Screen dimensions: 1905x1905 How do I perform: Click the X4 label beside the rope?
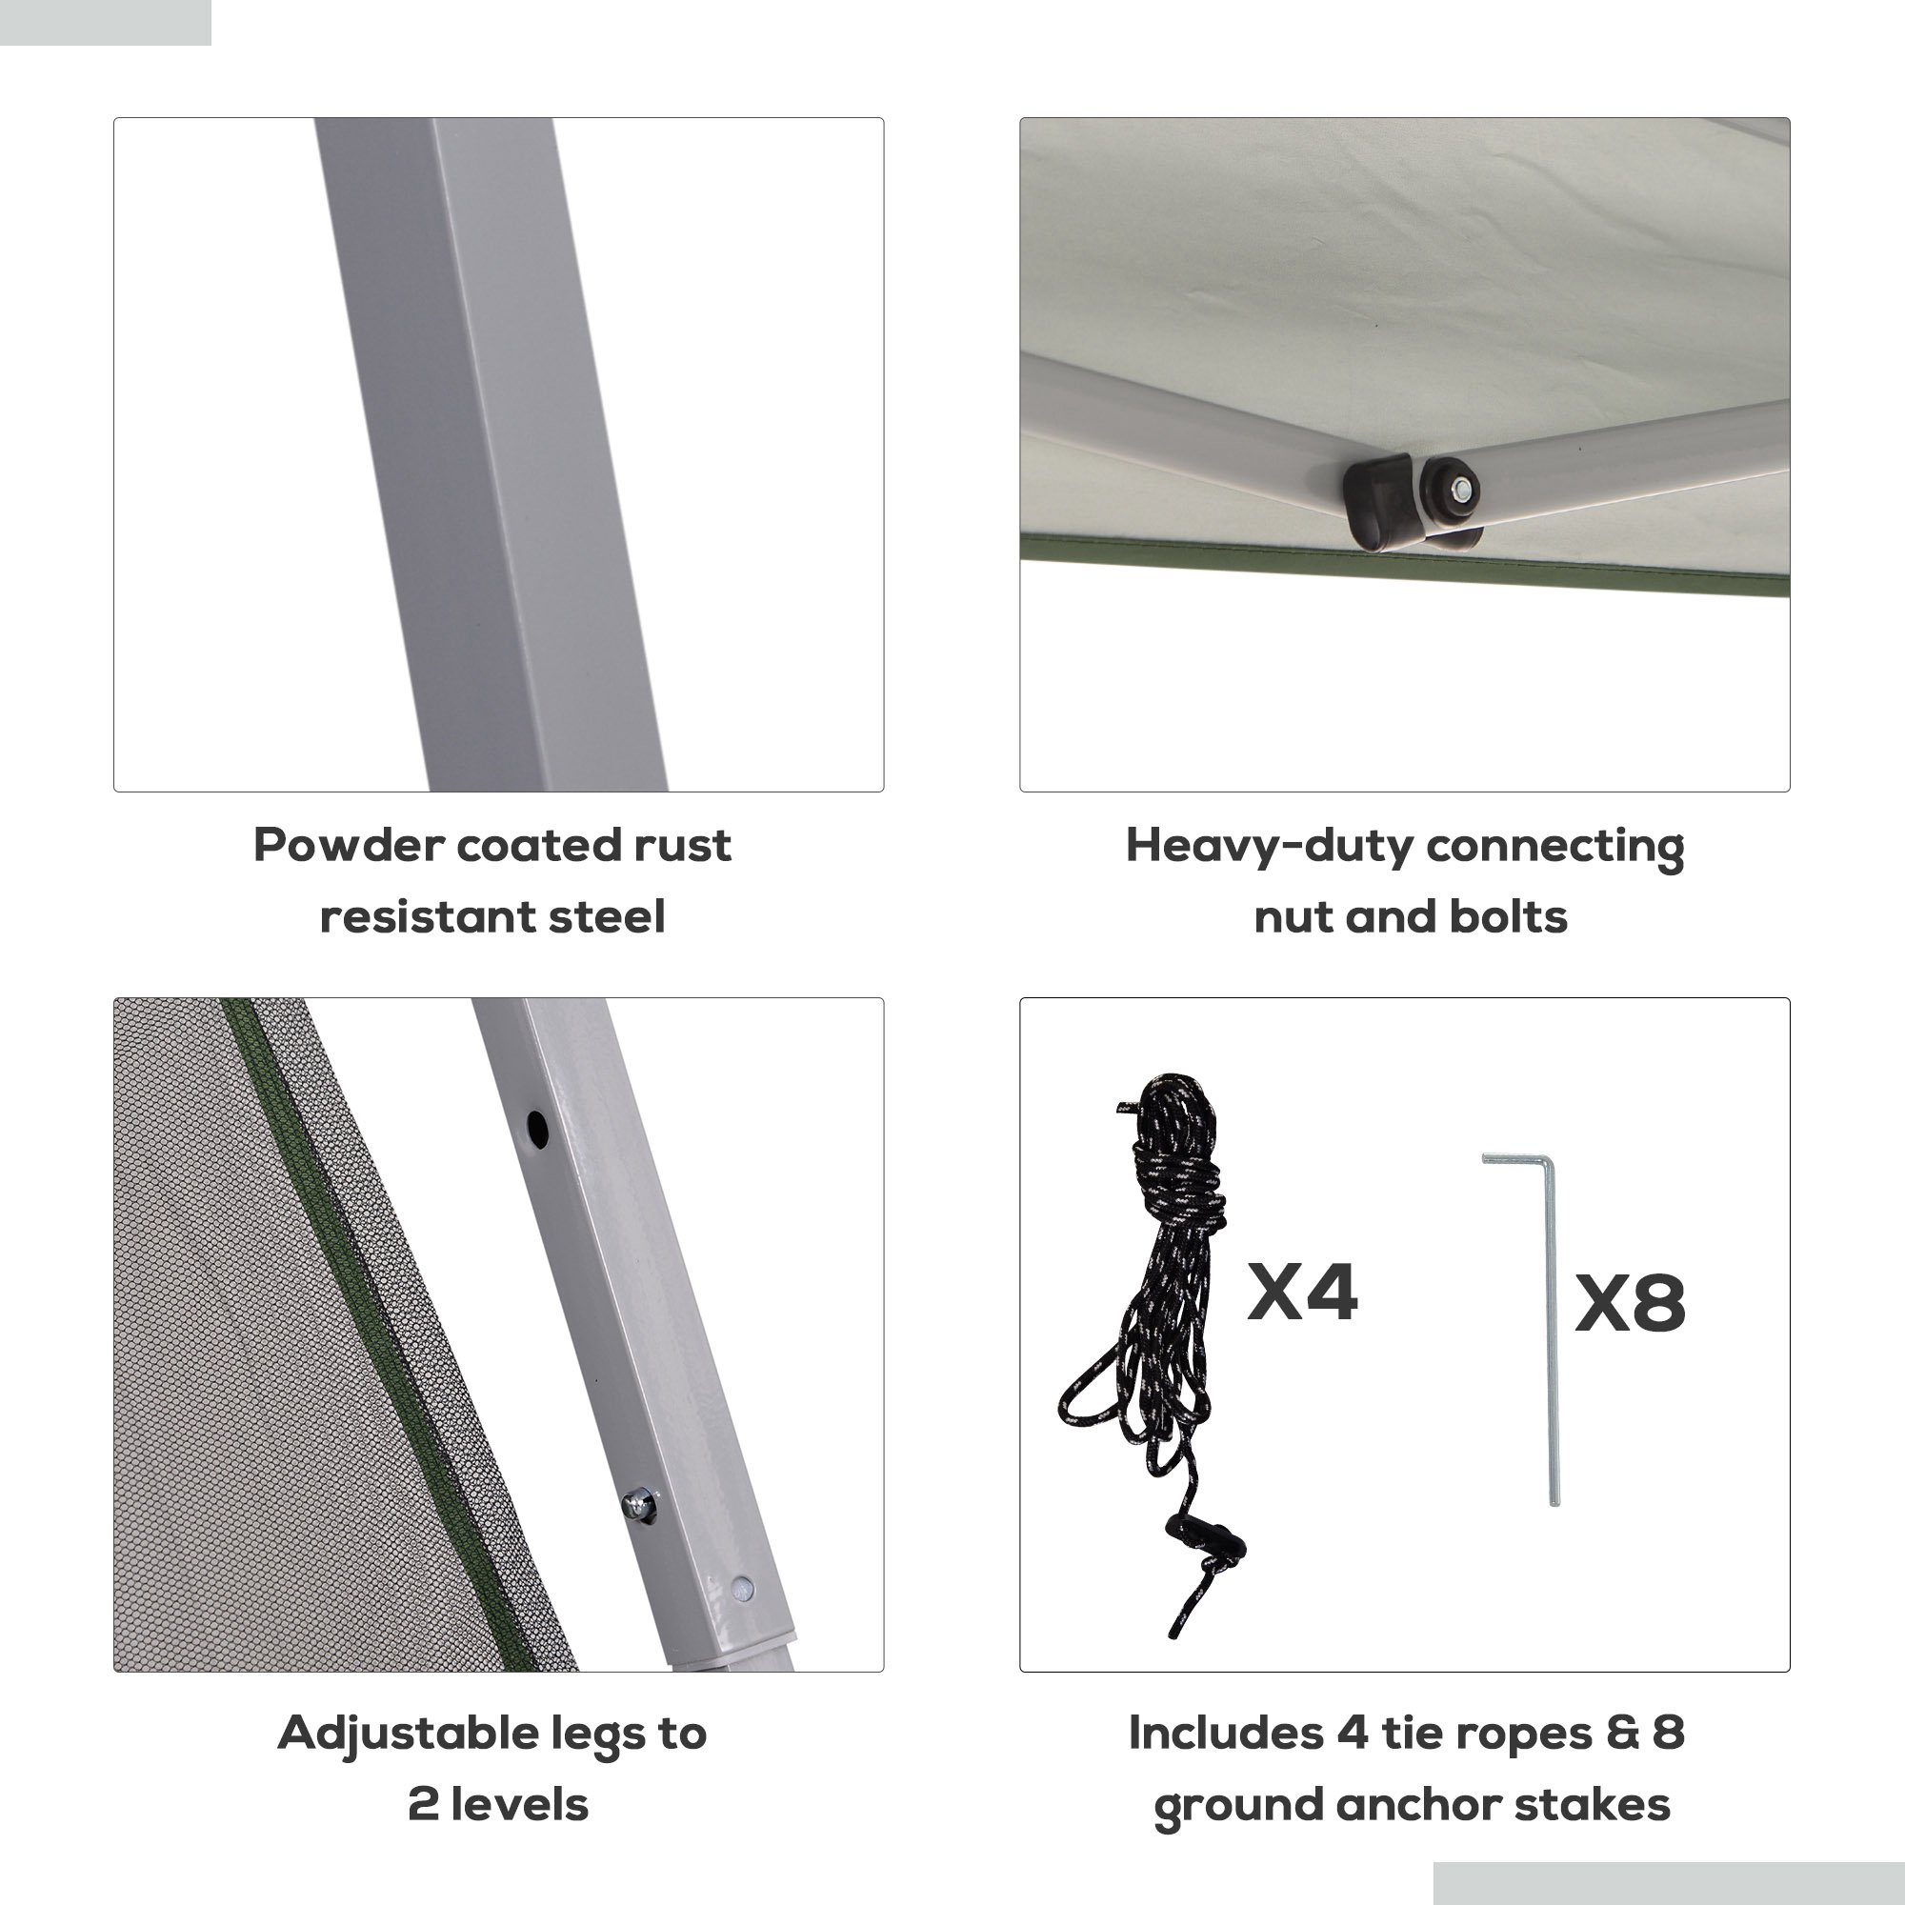coord(1301,1292)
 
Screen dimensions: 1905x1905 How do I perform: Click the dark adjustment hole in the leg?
coord(536,1128)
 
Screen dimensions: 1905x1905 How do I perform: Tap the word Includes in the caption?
coord(1226,1734)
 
